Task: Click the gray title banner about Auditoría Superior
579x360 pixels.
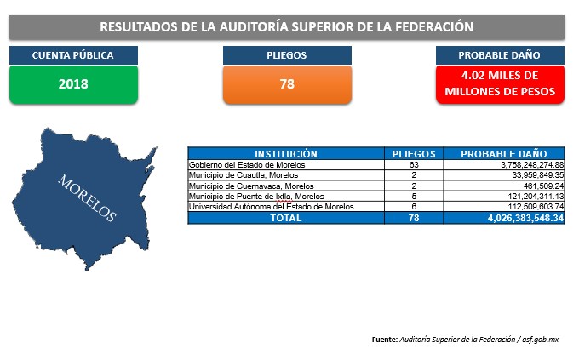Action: point(287,27)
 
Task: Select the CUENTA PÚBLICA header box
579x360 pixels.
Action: point(73,55)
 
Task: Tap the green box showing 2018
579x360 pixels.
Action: point(73,84)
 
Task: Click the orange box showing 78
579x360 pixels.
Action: point(287,84)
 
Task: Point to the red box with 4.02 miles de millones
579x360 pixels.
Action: point(500,84)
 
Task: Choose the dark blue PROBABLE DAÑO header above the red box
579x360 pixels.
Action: point(500,55)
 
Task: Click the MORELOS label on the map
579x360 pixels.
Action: point(87,198)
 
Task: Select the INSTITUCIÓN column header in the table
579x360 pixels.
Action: point(286,153)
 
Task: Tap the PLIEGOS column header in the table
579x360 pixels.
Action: point(414,153)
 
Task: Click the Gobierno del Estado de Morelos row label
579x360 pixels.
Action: point(247,164)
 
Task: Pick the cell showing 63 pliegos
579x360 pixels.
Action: point(414,164)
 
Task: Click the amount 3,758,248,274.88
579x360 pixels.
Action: point(532,164)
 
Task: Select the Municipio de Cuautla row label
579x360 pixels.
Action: point(244,175)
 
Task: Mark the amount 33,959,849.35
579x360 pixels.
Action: point(537,175)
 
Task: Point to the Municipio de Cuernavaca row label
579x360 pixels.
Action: point(251,186)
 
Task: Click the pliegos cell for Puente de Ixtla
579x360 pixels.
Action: point(414,196)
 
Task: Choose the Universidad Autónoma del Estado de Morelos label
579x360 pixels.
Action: point(271,207)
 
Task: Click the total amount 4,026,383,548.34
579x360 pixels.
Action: point(525,218)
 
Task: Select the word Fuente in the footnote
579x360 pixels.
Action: point(384,340)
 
